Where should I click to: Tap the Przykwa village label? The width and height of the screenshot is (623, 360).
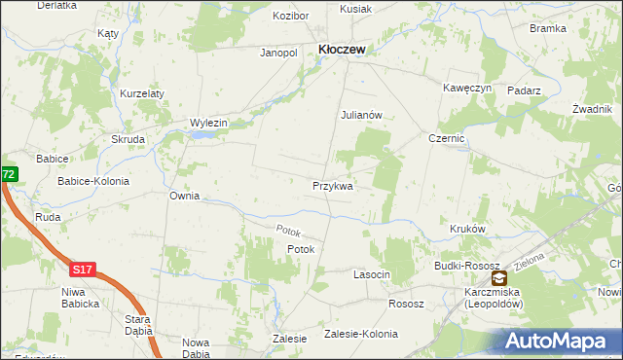pyautogui.click(x=332, y=185)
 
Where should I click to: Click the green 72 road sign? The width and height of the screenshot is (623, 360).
pyautogui.click(x=8, y=174)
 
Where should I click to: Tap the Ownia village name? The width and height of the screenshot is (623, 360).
pyautogui.click(x=184, y=196)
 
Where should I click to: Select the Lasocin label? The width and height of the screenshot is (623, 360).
pyautogui.click(x=371, y=275)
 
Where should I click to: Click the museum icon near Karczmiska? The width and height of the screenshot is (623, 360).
pyautogui.click(x=498, y=278)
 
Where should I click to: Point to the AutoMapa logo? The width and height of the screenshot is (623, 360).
pyautogui.click(x=558, y=342)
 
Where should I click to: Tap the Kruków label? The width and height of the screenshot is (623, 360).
pyautogui.click(x=467, y=230)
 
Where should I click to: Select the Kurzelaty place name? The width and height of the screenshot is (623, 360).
pyautogui.click(x=142, y=93)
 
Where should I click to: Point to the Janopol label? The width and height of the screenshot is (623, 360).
pyautogui.click(x=277, y=53)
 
